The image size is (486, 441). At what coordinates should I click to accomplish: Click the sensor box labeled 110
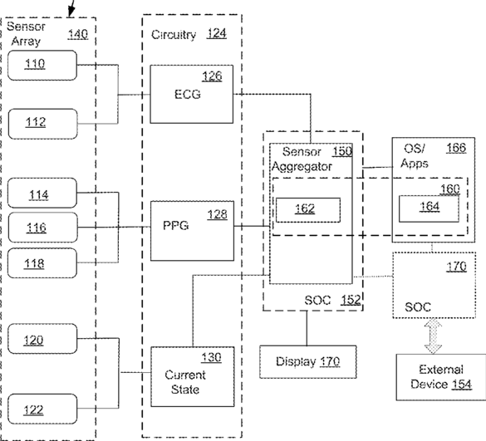42,66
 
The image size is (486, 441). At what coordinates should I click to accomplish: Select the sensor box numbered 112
42,124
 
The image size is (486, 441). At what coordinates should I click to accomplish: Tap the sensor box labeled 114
42,193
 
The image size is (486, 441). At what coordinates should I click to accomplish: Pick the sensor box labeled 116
42,228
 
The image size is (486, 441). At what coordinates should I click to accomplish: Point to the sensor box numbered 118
42,262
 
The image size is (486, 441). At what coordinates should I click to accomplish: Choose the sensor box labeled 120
42,339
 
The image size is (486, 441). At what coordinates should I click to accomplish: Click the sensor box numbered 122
42,409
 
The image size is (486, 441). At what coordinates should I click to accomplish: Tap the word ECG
188,94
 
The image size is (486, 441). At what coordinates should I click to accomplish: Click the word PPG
176,225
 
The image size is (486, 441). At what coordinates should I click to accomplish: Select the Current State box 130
193,376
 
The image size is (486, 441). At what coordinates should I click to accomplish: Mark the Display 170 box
308,361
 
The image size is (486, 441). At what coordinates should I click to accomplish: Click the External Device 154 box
441,377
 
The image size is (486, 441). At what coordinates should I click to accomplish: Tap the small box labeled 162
308,210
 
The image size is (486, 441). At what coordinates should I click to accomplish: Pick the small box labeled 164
429,208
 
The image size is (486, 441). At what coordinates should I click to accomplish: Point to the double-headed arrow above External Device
433,336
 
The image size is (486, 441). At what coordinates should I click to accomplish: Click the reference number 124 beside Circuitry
217,33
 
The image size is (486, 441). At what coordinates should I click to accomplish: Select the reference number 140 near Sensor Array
78,34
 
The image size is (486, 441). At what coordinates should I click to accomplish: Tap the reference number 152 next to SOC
351,300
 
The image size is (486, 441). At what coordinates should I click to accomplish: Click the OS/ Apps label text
415,156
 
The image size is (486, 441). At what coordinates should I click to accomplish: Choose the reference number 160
450,189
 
